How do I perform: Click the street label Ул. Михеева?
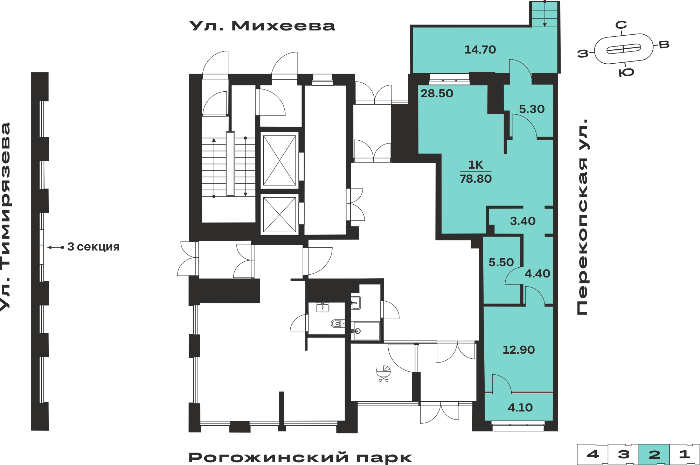tap(262, 26)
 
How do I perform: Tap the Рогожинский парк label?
tap(300, 457)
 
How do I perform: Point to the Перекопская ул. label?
tap(582, 217)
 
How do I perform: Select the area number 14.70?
tap(480, 50)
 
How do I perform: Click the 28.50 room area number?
tap(437, 93)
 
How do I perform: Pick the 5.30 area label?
tap(532, 109)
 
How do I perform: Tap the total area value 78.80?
tap(476, 179)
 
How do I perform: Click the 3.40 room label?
tap(522, 221)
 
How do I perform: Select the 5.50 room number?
tap(501, 262)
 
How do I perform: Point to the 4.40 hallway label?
tap(537, 274)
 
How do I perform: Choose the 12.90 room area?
tap(519, 350)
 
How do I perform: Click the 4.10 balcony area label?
tap(520, 408)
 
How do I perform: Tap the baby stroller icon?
tap(383, 373)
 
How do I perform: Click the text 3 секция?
tap(93, 247)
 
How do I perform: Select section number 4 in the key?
tap(592, 455)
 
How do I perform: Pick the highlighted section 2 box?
tap(654, 455)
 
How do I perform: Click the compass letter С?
tap(621, 25)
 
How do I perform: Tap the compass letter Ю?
tap(626, 72)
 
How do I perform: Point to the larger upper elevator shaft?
tap(279, 160)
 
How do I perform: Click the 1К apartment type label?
tap(476, 164)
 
